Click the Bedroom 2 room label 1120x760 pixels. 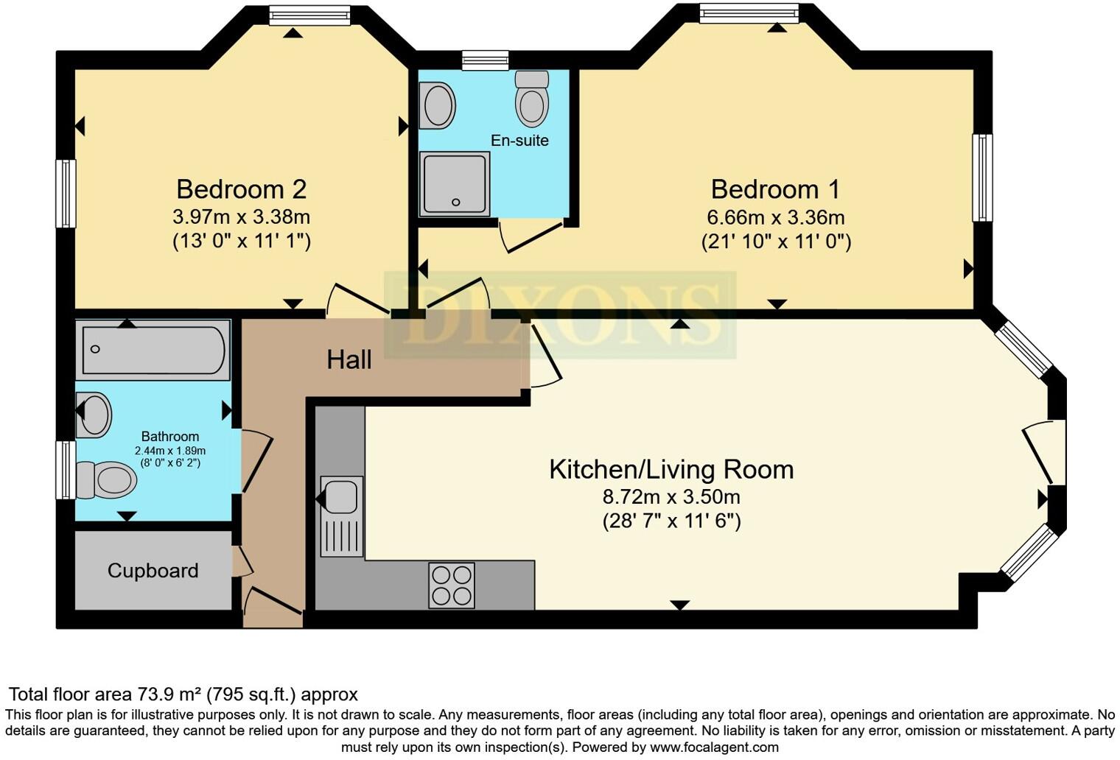pyautogui.click(x=241, y=189)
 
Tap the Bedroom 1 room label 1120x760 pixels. pyautogui.click(x=774, y=189)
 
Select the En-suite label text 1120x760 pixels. pyautogui.click(x=519, y=140)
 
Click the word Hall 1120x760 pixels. pyautogui.click(x=349, y=359)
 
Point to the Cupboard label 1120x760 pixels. pyautogui.click(x=153, y=571)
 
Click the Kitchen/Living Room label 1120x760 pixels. pyautogui.click(x=671, y=469)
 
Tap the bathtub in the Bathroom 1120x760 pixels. pyautogui.click(x=153, y=350)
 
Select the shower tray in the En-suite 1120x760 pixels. pyautogui.click(x=455, y=184)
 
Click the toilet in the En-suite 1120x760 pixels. pyautogui.click(x=531, y=99)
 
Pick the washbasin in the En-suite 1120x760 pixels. pyautogui.click(x=438, y=105)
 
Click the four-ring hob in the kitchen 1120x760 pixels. pyautogui.click(x=452, y=585)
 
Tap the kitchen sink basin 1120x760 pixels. pyautogui.click(x=340, y=496)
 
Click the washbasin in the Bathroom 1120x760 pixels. pyautogui.click(x=94, y=415)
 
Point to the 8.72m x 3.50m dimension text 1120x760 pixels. pyautogui.click(x=671, y=496)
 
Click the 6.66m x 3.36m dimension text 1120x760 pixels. pyautogui.click(x=775, y=217)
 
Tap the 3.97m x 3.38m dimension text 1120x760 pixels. pyautogui.click(x=241, y=217)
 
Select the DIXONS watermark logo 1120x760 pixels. pyautogui.click(x=560, y=314)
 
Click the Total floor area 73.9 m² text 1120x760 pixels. pyautogui.click(x=183, y=694)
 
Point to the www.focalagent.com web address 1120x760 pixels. pyautogui.click(x=714, y=747)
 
